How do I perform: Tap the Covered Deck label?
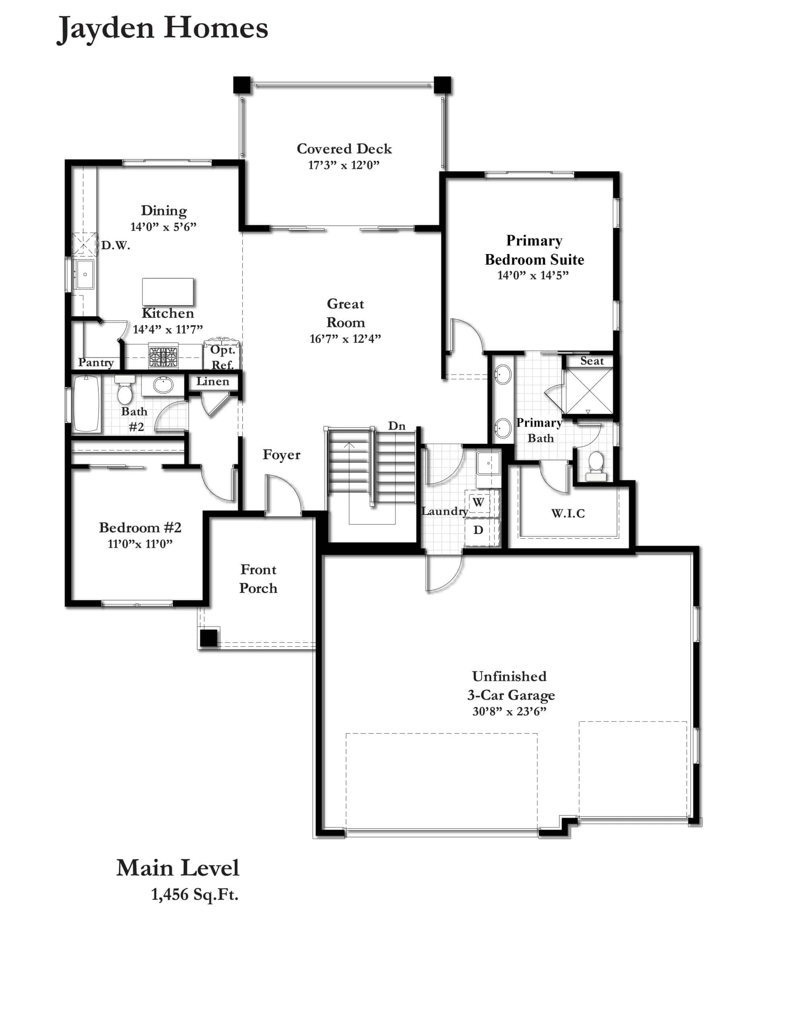pos(344,149)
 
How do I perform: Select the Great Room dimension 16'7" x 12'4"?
pos(345,339)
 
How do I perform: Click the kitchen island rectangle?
pos(168,292)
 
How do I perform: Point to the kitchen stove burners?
pos(164,357)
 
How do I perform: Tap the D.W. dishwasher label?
pos(115,246)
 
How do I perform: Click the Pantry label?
pos(96,362)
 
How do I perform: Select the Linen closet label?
pos(213,381)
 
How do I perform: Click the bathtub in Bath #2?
pos(86,403)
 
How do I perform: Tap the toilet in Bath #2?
pos(125,390)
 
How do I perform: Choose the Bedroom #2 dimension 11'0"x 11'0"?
pos(140,544)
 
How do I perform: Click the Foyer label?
pos(281,455)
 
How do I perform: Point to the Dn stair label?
pos(396,426)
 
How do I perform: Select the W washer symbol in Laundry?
pos(478,502)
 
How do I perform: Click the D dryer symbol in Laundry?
pos(478,530)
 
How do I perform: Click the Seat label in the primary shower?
pos(592,361)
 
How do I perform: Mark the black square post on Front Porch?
pos(209,638)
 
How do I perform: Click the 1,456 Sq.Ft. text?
pos(195,894)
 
